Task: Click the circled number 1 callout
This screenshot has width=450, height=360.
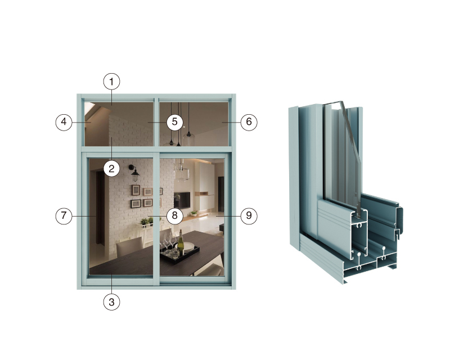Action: click(111, 82)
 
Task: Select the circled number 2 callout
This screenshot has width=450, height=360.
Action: click(111, 169)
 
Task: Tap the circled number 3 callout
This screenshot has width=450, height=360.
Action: click(111, 302)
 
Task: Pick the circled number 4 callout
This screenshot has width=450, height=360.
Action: click(64, 122)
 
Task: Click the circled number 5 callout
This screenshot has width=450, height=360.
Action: click(175, 122)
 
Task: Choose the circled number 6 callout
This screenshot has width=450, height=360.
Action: click(249, 122)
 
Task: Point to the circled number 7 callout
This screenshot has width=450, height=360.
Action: click(64, 215)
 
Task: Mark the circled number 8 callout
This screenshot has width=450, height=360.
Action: click(175, 215)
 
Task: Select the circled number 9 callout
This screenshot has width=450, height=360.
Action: click(249, 215)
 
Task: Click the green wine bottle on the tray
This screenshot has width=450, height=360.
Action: click(181, 244)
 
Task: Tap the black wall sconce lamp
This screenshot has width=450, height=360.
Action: click(134, 173)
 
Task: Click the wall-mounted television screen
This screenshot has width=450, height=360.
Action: click(182, 200)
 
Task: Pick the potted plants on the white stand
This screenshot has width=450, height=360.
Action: click(146, 221)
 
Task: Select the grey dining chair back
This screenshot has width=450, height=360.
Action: click(129, 247)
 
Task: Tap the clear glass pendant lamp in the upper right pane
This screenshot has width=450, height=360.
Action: click(188, 139)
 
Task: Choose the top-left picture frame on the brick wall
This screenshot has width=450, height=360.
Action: click(136, 190)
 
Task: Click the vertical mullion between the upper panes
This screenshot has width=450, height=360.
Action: click(156, 121)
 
